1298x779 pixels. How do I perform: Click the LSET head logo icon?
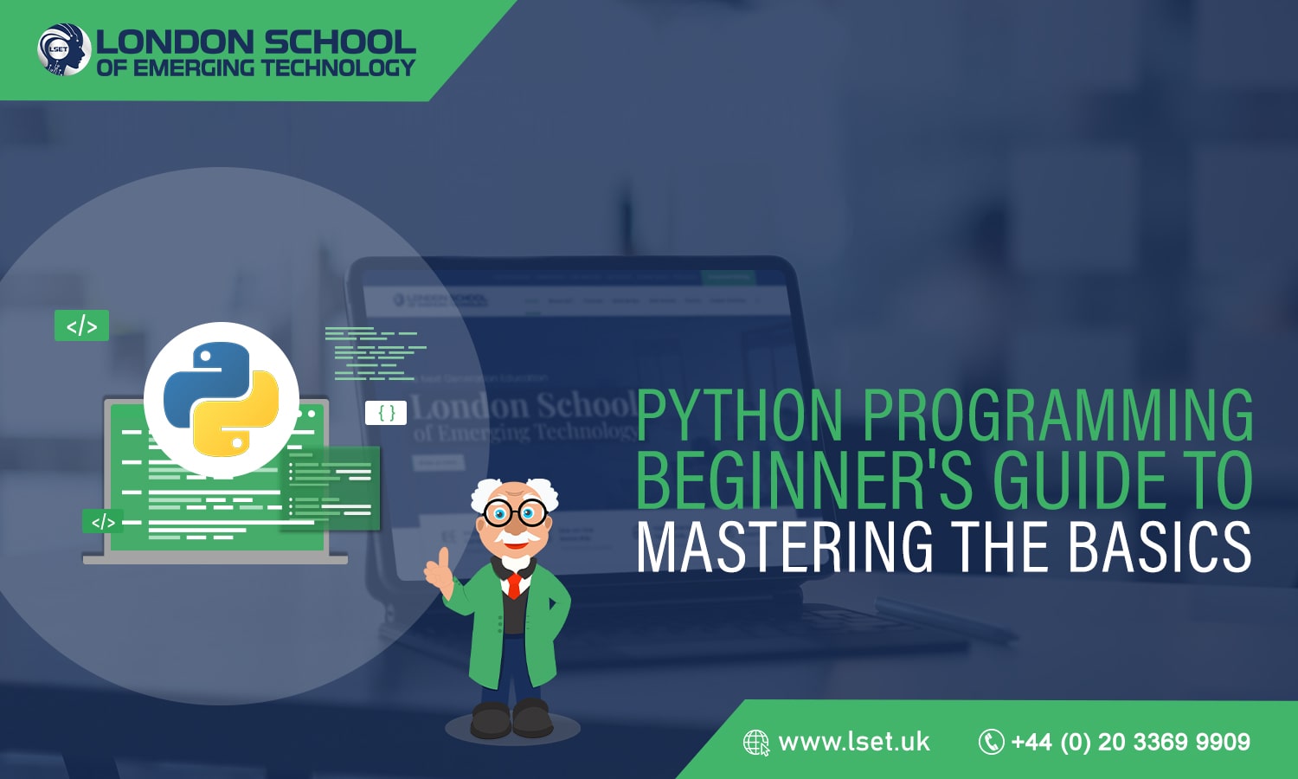tap(64, 49)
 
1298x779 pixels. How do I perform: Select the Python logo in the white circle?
tap(221, 399)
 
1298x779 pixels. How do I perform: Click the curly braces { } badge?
tap(386, 413)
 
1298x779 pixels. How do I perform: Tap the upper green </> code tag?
tap(81, 325)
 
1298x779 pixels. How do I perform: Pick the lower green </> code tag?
tap(103, 522)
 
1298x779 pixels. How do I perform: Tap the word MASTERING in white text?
tap(785, 546)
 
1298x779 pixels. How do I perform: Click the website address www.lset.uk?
tap(853, 742)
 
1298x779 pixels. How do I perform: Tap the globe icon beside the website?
tap(755, 743)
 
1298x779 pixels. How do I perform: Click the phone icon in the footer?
tap(991, 742)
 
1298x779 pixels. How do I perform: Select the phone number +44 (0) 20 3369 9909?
tap(1130, 742)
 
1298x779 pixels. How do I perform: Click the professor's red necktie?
tap(514, 585)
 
